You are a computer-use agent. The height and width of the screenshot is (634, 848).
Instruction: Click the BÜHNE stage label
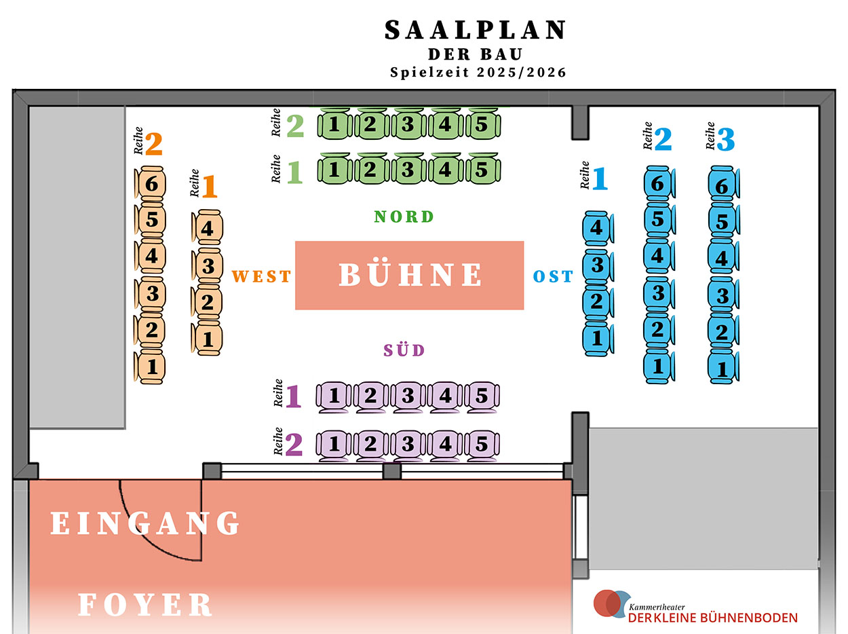point(410,275)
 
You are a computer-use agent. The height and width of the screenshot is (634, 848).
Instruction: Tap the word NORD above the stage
point(404,217)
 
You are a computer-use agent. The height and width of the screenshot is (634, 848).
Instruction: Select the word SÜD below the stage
point(404,350)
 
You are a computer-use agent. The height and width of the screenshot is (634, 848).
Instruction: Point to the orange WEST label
point(261,276)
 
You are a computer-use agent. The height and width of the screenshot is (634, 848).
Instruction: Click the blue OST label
point(553,276)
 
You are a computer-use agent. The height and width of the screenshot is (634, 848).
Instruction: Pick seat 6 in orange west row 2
point(151,184)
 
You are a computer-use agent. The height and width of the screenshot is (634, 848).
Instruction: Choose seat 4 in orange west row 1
point(208,229)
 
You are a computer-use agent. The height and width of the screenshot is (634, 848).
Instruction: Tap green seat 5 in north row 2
point(482,125)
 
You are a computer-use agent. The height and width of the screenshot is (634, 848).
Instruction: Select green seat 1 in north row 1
point(334,169)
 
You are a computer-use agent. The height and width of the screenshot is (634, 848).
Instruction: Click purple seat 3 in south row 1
point(408,396)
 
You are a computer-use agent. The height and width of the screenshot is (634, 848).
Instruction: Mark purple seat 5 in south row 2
point(482,445)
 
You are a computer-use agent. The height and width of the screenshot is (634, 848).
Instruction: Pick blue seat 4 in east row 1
point(597,228)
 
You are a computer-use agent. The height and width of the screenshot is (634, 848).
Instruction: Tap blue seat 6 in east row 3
point(722,186)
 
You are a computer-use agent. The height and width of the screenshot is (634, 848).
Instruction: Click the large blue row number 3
point(725,140)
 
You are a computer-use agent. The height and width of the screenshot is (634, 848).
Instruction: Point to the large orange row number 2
point(154,144)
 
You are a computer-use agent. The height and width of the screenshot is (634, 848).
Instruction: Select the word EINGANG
point(146,523)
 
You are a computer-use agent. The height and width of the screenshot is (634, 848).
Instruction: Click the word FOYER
point(146,604)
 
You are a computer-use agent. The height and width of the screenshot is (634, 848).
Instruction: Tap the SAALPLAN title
point(476,30)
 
